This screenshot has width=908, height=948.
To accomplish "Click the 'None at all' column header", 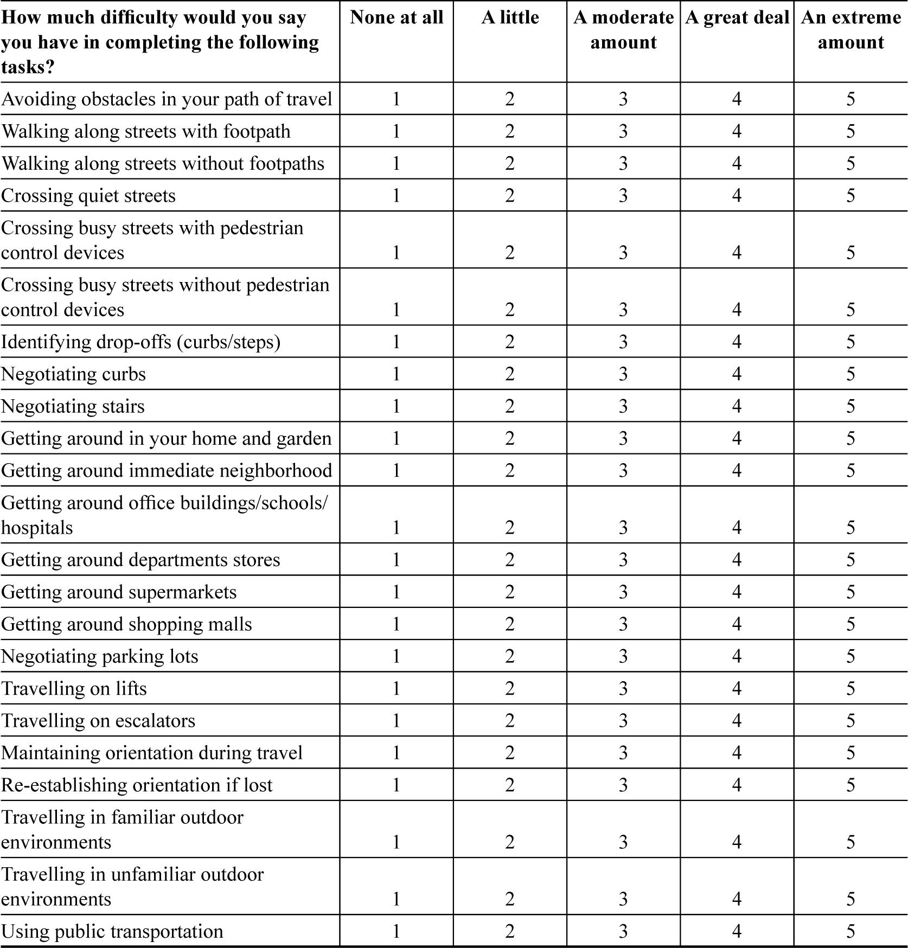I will click(x=397, y=17).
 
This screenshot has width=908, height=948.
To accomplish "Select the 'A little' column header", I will click(x=510, y=17).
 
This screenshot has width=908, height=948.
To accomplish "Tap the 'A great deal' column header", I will click(x=737, y=17).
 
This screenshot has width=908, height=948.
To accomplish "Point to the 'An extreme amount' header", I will click(x=851, y=30).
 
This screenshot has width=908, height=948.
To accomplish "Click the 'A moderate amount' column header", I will click(x=623, y=30).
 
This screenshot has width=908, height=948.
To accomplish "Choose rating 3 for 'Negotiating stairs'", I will click(x=623, y=406).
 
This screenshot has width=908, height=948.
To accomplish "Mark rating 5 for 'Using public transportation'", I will click(x=851, y=931).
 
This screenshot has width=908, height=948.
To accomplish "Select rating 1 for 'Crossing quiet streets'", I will click(x=397, y=195).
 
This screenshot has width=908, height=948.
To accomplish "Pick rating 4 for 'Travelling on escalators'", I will click(x=737, y=720).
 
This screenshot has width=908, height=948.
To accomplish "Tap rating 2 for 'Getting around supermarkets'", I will click(x=510, y=592).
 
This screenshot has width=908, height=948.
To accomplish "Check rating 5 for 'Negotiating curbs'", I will click(x=851, y=374).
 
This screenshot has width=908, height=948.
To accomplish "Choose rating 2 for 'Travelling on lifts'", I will click(x=510, y=688).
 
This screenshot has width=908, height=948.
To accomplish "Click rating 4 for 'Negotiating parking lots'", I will click(x=737, y=656).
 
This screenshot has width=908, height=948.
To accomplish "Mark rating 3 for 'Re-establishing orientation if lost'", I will click(x=623, y=785).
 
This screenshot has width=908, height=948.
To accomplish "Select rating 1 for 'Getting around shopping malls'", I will click(x=397, y=624).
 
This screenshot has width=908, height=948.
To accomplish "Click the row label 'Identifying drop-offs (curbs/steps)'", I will click(x=141, y=342).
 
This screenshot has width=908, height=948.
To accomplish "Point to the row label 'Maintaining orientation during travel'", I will click(x=152, y=753).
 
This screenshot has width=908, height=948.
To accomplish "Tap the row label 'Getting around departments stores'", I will click(x=141, y=560).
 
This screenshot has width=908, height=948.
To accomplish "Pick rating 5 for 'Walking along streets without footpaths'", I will click(x=851, y=163).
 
